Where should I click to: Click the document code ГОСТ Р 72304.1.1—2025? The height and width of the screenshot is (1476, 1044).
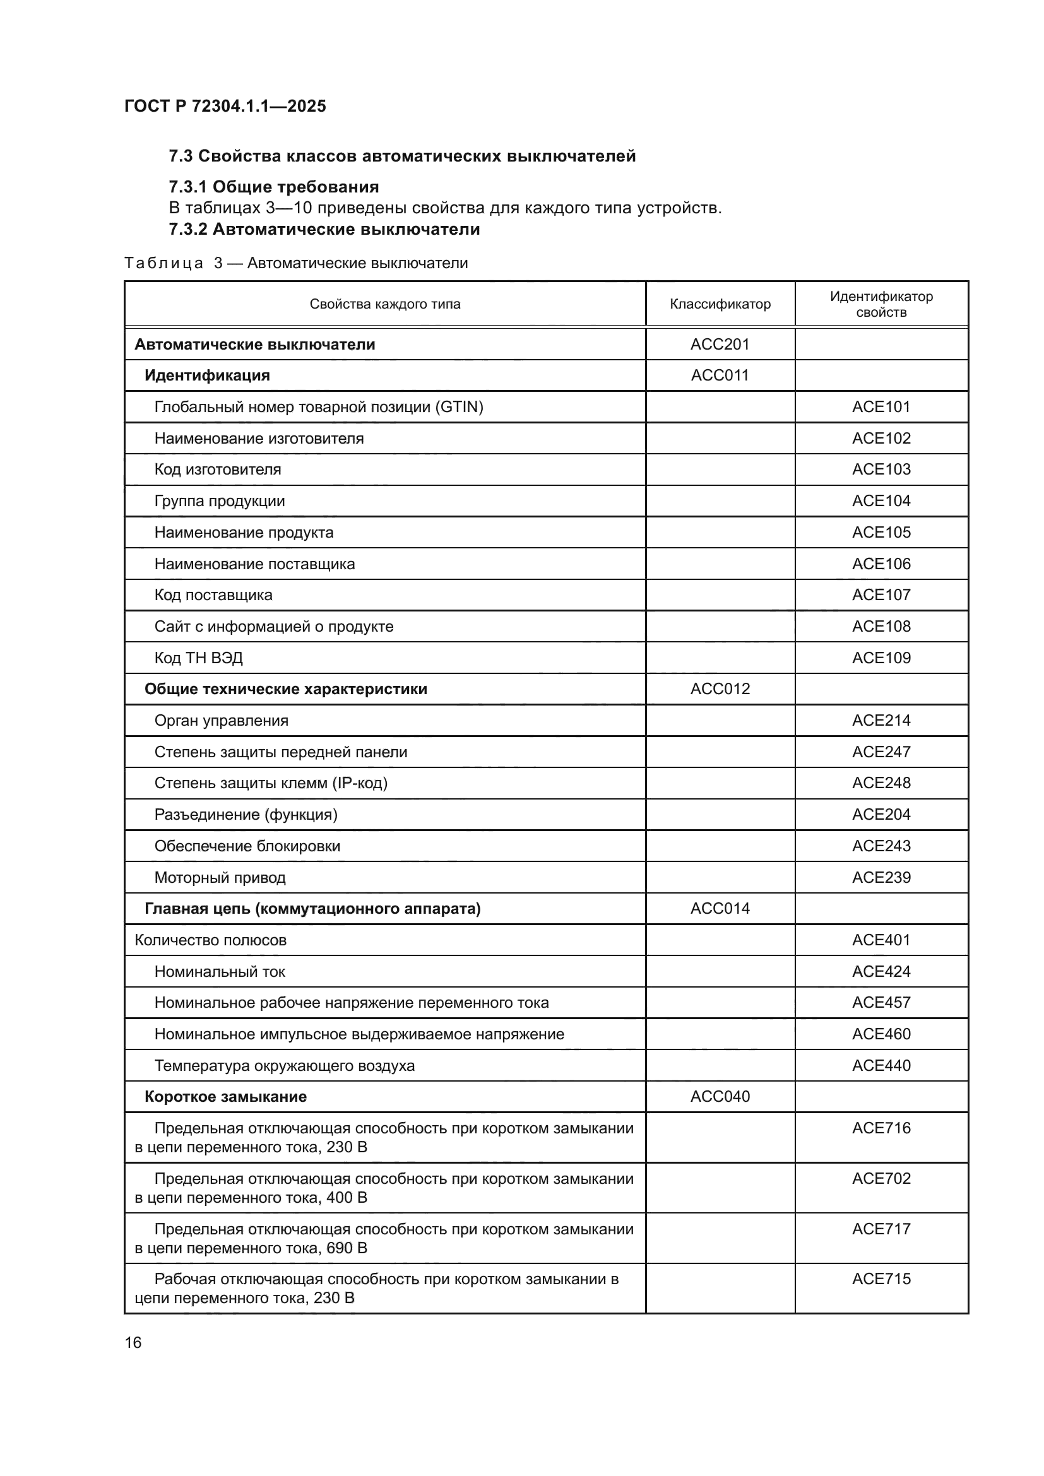pyautogui.click(x=225, y=106)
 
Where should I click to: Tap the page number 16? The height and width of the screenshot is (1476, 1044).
pyautogui.click(x=133, y=1342)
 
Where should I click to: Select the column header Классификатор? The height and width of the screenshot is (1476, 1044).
pyautogui.click(x=720, y=304)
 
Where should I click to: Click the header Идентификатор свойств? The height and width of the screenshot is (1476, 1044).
pyautogui.click(x=881, y=304)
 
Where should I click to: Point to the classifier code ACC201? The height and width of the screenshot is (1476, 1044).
pyautogui.click(x=720, y=345)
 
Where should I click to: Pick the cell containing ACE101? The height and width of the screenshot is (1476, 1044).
pyautogui.click(x=881, y=407)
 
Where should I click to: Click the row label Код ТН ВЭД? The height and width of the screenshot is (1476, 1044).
pyautogui.click(x=199, y=658)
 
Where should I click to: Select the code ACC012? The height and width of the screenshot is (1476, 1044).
pyautogui.click(x=720, y=689)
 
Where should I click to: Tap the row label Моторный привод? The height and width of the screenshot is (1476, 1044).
pyautogui.click(x=220, y=878)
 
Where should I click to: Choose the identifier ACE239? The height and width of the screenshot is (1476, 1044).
pyautogui.click(x=881, y=878)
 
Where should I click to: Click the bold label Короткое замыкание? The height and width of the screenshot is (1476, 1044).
pyautogui.click(x=225, y=1097)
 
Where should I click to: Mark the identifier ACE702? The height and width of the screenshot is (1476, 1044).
pyautogui.click(x=881, y=1178)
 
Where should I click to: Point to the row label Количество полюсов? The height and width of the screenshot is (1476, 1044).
pyautogui.click(x=210, y=940)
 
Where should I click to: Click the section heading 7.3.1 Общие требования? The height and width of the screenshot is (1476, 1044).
pyautogui.click(x=274, y=187)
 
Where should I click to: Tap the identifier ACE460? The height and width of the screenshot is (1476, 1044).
pyautogui.click(x=881, y=1034)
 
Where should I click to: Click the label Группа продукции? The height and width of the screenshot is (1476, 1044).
pyautogui.click(x=219, y=501)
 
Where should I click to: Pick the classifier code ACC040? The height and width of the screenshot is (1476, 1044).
pyautogui.click(x=720, y=1097)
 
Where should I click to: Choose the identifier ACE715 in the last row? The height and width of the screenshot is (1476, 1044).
pyautogui.click(x=881, y=1278)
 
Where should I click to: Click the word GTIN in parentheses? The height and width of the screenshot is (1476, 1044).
pyautogui.click(x=459, y=407)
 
